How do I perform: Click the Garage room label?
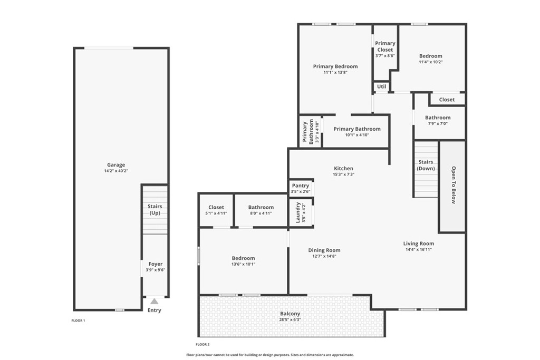116,165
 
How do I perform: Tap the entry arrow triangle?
155,301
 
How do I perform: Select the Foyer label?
156,264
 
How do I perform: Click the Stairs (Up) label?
155,210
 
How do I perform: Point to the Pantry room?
301,188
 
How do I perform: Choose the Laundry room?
301,212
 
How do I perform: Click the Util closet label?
382,86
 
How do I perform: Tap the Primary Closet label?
385,46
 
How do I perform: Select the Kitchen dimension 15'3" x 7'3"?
343,174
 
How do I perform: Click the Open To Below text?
454,185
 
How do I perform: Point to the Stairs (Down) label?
426,165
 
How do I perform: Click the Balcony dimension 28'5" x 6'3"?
290,320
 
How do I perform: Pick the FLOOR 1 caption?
78,321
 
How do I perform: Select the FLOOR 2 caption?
202,345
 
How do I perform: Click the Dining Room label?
324,250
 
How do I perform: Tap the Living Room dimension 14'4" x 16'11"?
418,249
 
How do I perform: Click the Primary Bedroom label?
335,66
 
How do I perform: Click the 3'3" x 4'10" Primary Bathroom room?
310,131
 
